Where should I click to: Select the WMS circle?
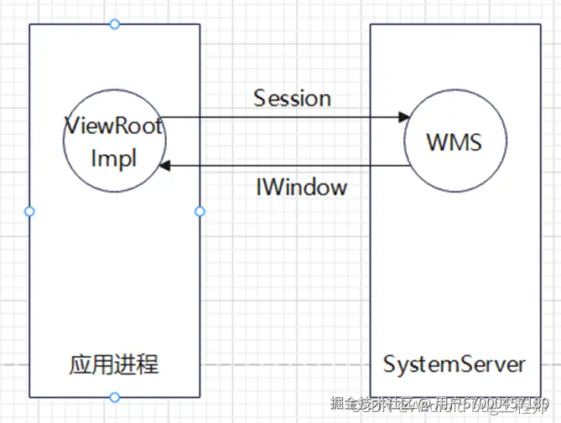click(454, 142)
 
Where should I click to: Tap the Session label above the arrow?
click(292, 98)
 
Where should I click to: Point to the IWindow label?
click(301, 187)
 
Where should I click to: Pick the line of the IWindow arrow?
click(285, 166)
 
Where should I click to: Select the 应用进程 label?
click(114, 365)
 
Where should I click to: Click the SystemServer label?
click(455, 365)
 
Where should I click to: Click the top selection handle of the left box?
click(115, 23)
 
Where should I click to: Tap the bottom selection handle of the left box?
click(115, 397)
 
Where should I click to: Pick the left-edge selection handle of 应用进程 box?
click(29, 211)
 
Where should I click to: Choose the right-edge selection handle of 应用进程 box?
click(200, 211)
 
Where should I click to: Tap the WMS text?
click(454, 142)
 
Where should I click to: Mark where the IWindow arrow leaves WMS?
click(411, 166)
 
